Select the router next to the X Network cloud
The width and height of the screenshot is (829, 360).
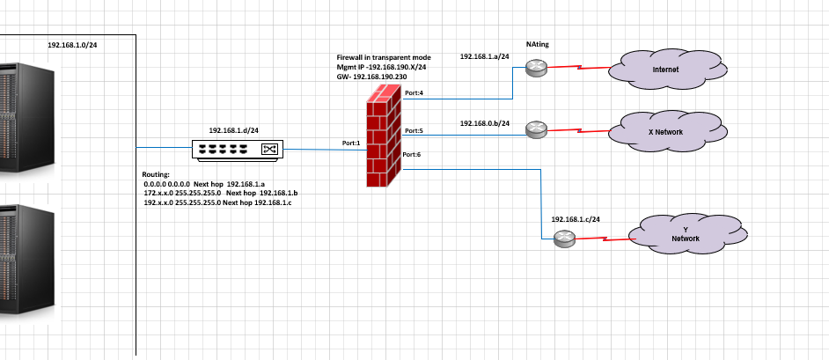click(536, 130)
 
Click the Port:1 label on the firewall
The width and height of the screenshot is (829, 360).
click(352, 143)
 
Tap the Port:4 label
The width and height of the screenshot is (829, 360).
click(414, 92)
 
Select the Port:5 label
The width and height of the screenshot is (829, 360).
click(414, 131)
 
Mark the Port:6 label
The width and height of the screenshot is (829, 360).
click(411, 155)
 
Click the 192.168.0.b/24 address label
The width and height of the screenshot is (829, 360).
click(485, 123)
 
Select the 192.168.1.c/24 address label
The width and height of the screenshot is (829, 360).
click(576, 218)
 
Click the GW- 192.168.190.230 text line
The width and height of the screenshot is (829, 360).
click(372, 77)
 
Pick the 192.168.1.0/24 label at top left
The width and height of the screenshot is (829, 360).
click(72, 44)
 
